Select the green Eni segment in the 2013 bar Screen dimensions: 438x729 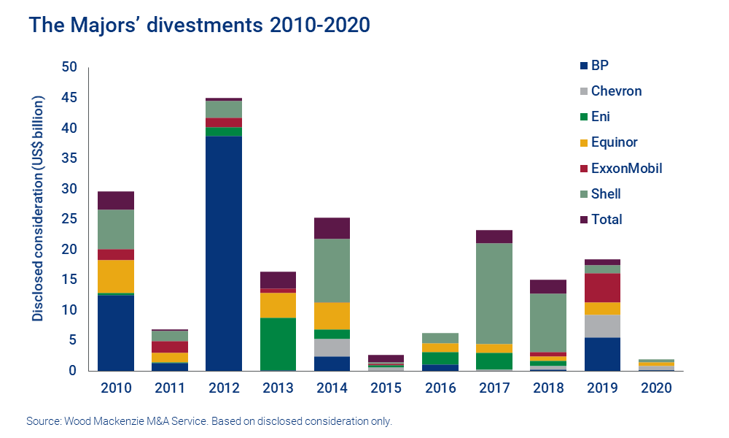(278, 344)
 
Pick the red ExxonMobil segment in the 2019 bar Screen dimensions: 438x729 (602, 288)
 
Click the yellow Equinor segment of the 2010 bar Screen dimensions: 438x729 (116, 276)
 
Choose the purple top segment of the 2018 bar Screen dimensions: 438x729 (548, 286)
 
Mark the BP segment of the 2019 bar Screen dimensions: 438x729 (602, 354)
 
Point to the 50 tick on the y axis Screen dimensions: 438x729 (69, 67)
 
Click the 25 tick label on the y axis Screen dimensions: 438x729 (69, 219)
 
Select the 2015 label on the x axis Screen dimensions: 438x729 (386, 387)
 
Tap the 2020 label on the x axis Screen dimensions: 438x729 (656, 387)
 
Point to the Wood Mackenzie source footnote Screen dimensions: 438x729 (209, 422)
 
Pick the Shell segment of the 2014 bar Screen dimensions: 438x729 (332, 270)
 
